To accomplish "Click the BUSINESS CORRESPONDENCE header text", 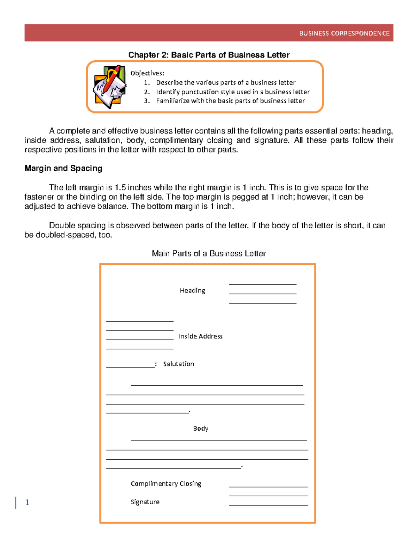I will [344, 34].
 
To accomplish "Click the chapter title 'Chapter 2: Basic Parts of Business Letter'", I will [209, 55].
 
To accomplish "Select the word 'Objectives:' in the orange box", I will [147, 73].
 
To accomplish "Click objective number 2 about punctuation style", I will [232, 92].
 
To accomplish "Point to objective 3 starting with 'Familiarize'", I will [230, 101].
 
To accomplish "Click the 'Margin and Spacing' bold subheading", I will [63, 168].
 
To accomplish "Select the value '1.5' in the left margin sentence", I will [120, 187].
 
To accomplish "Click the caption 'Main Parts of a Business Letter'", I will [209, 253].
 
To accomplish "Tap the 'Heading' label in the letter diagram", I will [192, 290].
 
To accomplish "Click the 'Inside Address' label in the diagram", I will [200, 336].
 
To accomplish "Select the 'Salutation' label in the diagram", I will [178, 364].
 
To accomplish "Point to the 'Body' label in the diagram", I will [201, 428].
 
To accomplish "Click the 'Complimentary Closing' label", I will [166, 483].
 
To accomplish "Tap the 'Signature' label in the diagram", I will [145, 502].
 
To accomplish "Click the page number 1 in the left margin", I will [27, 502].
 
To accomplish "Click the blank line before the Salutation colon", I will [130, 366].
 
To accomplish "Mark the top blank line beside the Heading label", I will [263, 284].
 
